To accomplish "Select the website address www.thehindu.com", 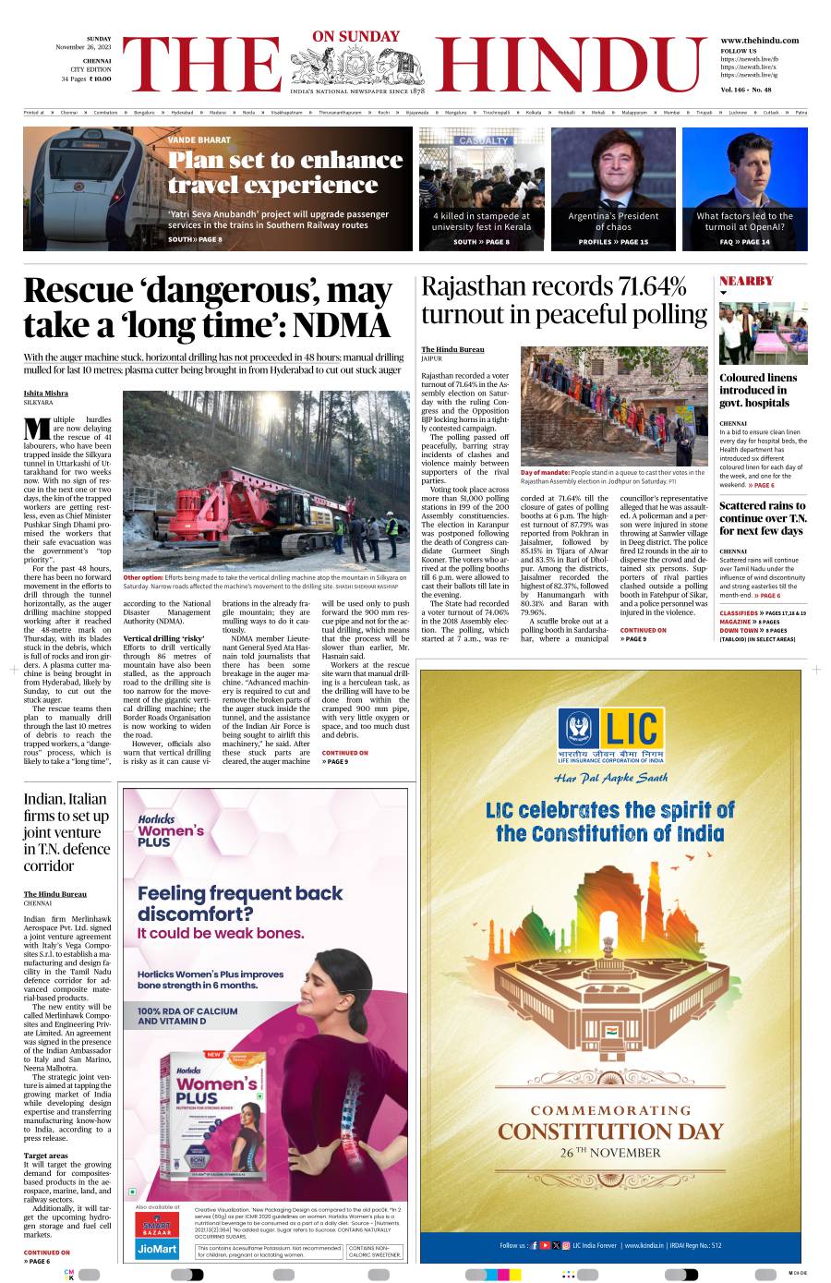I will point(759,41).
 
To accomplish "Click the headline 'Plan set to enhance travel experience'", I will point(285,173).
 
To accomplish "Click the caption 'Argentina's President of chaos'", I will point(613,221).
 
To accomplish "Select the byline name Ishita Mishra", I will point(46,393).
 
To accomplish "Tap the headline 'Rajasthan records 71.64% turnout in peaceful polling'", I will point(564,300).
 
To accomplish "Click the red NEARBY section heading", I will point(746,281).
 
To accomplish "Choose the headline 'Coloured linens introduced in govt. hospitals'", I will point(759,390).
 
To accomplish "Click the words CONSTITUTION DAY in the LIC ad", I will point(610,1132).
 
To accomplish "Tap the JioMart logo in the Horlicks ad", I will point(157,1250).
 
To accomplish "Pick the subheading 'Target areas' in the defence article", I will point(46,1156).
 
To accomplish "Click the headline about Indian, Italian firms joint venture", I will point(66,832).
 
